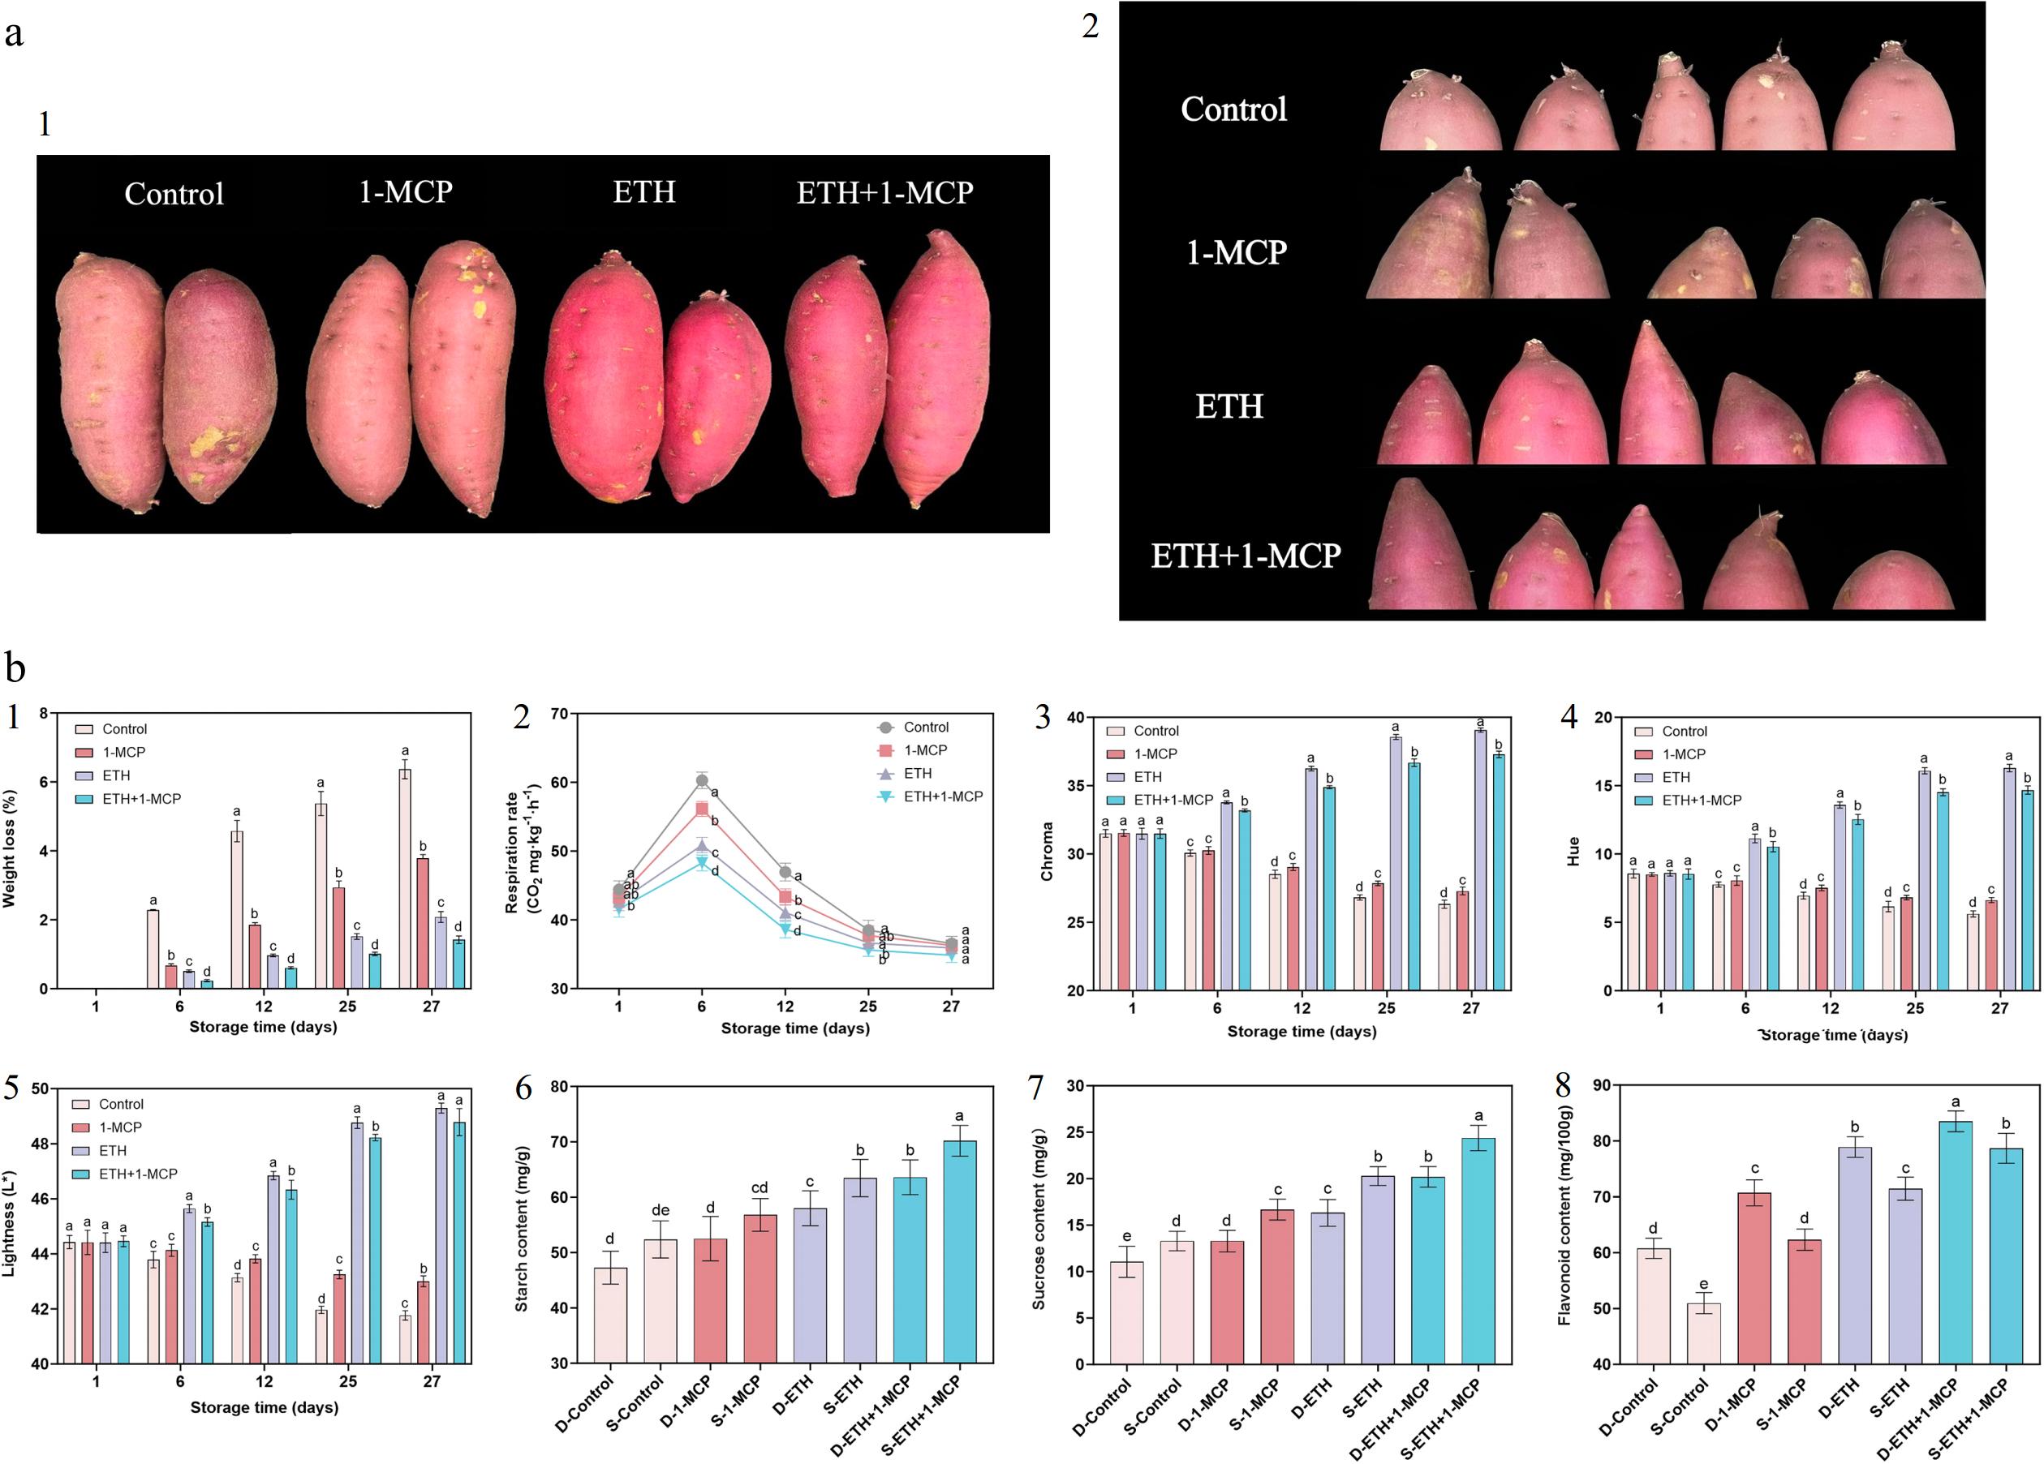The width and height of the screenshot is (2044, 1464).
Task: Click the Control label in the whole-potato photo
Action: [174, 194]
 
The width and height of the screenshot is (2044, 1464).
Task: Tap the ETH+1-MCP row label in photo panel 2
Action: [1246, 555]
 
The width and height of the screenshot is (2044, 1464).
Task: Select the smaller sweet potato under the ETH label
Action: [713, 397]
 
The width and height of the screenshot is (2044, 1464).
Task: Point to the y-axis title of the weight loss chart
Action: [10, 848]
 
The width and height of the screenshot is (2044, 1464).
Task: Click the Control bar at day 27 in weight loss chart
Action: [405, 878]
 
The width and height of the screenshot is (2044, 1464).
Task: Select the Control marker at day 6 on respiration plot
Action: [702, 780]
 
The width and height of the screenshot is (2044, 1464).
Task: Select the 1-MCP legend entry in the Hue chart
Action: [1683, 754]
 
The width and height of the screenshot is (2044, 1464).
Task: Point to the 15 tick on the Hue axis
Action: [1603, 786]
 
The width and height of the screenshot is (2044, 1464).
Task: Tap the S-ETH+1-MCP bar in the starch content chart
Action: [960, 1251]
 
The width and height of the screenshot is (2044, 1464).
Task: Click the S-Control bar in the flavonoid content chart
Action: [1703, 1333]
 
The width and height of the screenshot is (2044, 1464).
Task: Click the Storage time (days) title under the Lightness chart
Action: [264, 1407]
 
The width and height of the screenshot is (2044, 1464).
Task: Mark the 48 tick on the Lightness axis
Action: [40, 1144]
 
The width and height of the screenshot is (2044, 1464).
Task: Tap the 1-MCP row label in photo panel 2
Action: [1236, 252]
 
